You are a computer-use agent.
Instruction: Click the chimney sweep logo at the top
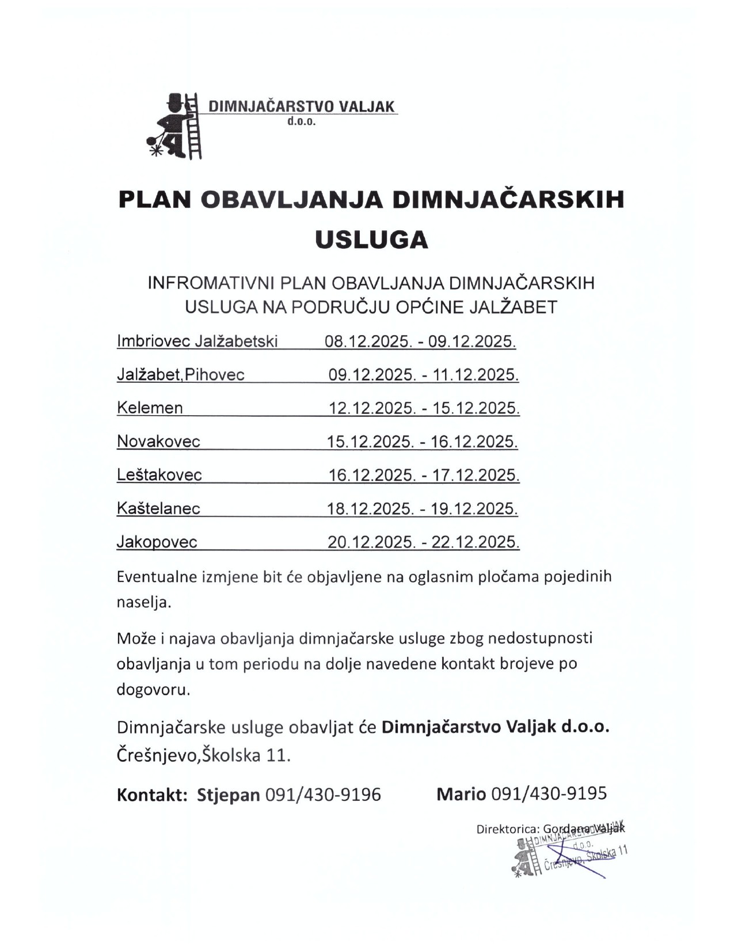(175, 126)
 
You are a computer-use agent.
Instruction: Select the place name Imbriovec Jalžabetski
(197, 341)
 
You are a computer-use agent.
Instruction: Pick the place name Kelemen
(150, 408)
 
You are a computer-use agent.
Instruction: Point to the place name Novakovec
(158, 442)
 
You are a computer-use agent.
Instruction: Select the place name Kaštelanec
(158, 508)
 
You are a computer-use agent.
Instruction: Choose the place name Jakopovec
(157, 542)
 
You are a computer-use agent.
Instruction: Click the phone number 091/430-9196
(323, 795)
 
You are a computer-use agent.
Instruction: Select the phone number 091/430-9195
(549, 793)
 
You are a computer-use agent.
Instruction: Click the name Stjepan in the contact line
(229, 795)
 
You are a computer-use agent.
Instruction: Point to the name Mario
(461, 793)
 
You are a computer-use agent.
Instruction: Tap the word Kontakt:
(152, 795)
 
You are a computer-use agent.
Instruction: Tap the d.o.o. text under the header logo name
(302, 121)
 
